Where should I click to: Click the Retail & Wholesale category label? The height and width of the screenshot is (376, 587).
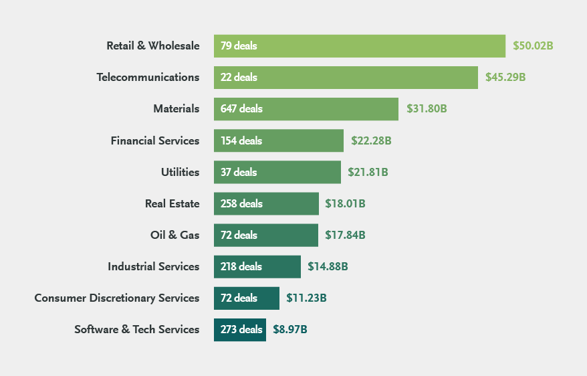click(x=152, y=46)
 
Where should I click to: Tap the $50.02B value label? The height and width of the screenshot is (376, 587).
click(x=533, y=46)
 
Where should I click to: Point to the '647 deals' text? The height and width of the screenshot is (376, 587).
click(x=241, y=109)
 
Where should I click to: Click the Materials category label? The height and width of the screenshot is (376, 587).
click(x=176, y=109)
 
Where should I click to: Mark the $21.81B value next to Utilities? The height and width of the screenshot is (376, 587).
click(x=368, y=172)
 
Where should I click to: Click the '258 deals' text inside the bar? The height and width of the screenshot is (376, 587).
click(x=241, y=203)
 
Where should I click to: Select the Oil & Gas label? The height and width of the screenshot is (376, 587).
click(x=174, y=235)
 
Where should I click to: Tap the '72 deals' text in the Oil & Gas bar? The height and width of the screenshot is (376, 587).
click(x=239, y=235)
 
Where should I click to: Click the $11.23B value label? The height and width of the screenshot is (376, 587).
click(x=306, y=298)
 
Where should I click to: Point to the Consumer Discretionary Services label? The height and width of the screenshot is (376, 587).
click(x=116, y=298)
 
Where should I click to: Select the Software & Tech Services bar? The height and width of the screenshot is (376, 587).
click(x=239, y=329)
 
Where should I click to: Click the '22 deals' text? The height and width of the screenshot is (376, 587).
click(x=239, y=78)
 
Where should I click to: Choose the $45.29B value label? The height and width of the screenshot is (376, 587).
click(x=505, y=78)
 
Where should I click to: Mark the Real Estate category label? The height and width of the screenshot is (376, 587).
click(x=172, y=203)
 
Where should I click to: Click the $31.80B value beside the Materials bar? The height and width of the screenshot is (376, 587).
click(x=427, y=109)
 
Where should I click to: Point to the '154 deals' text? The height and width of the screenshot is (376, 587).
click(x=241, y=140)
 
